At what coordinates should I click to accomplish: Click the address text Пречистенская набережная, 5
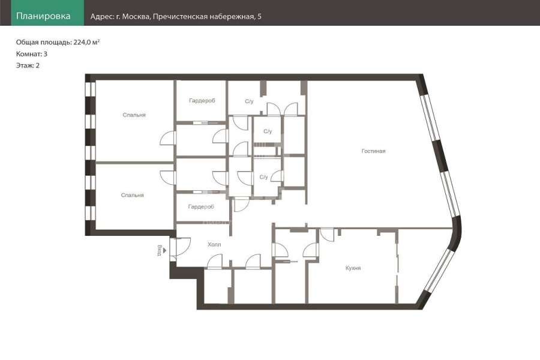207,17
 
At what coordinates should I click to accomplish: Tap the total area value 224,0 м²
86,42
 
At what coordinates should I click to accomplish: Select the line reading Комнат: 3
32,54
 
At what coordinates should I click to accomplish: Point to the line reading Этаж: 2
28,65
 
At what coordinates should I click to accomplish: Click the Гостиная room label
373,151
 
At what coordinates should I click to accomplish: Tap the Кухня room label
353,268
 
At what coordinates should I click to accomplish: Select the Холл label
214,245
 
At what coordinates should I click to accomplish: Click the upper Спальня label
134,115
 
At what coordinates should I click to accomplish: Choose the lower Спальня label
132,196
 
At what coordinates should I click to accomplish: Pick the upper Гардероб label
202,101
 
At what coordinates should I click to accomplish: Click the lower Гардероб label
201,206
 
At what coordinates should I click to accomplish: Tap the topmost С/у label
249,101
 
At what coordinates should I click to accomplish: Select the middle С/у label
268,131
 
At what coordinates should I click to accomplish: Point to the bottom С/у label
263,177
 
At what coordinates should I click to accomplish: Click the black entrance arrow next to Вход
165,250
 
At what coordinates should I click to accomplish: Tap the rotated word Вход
160,250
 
